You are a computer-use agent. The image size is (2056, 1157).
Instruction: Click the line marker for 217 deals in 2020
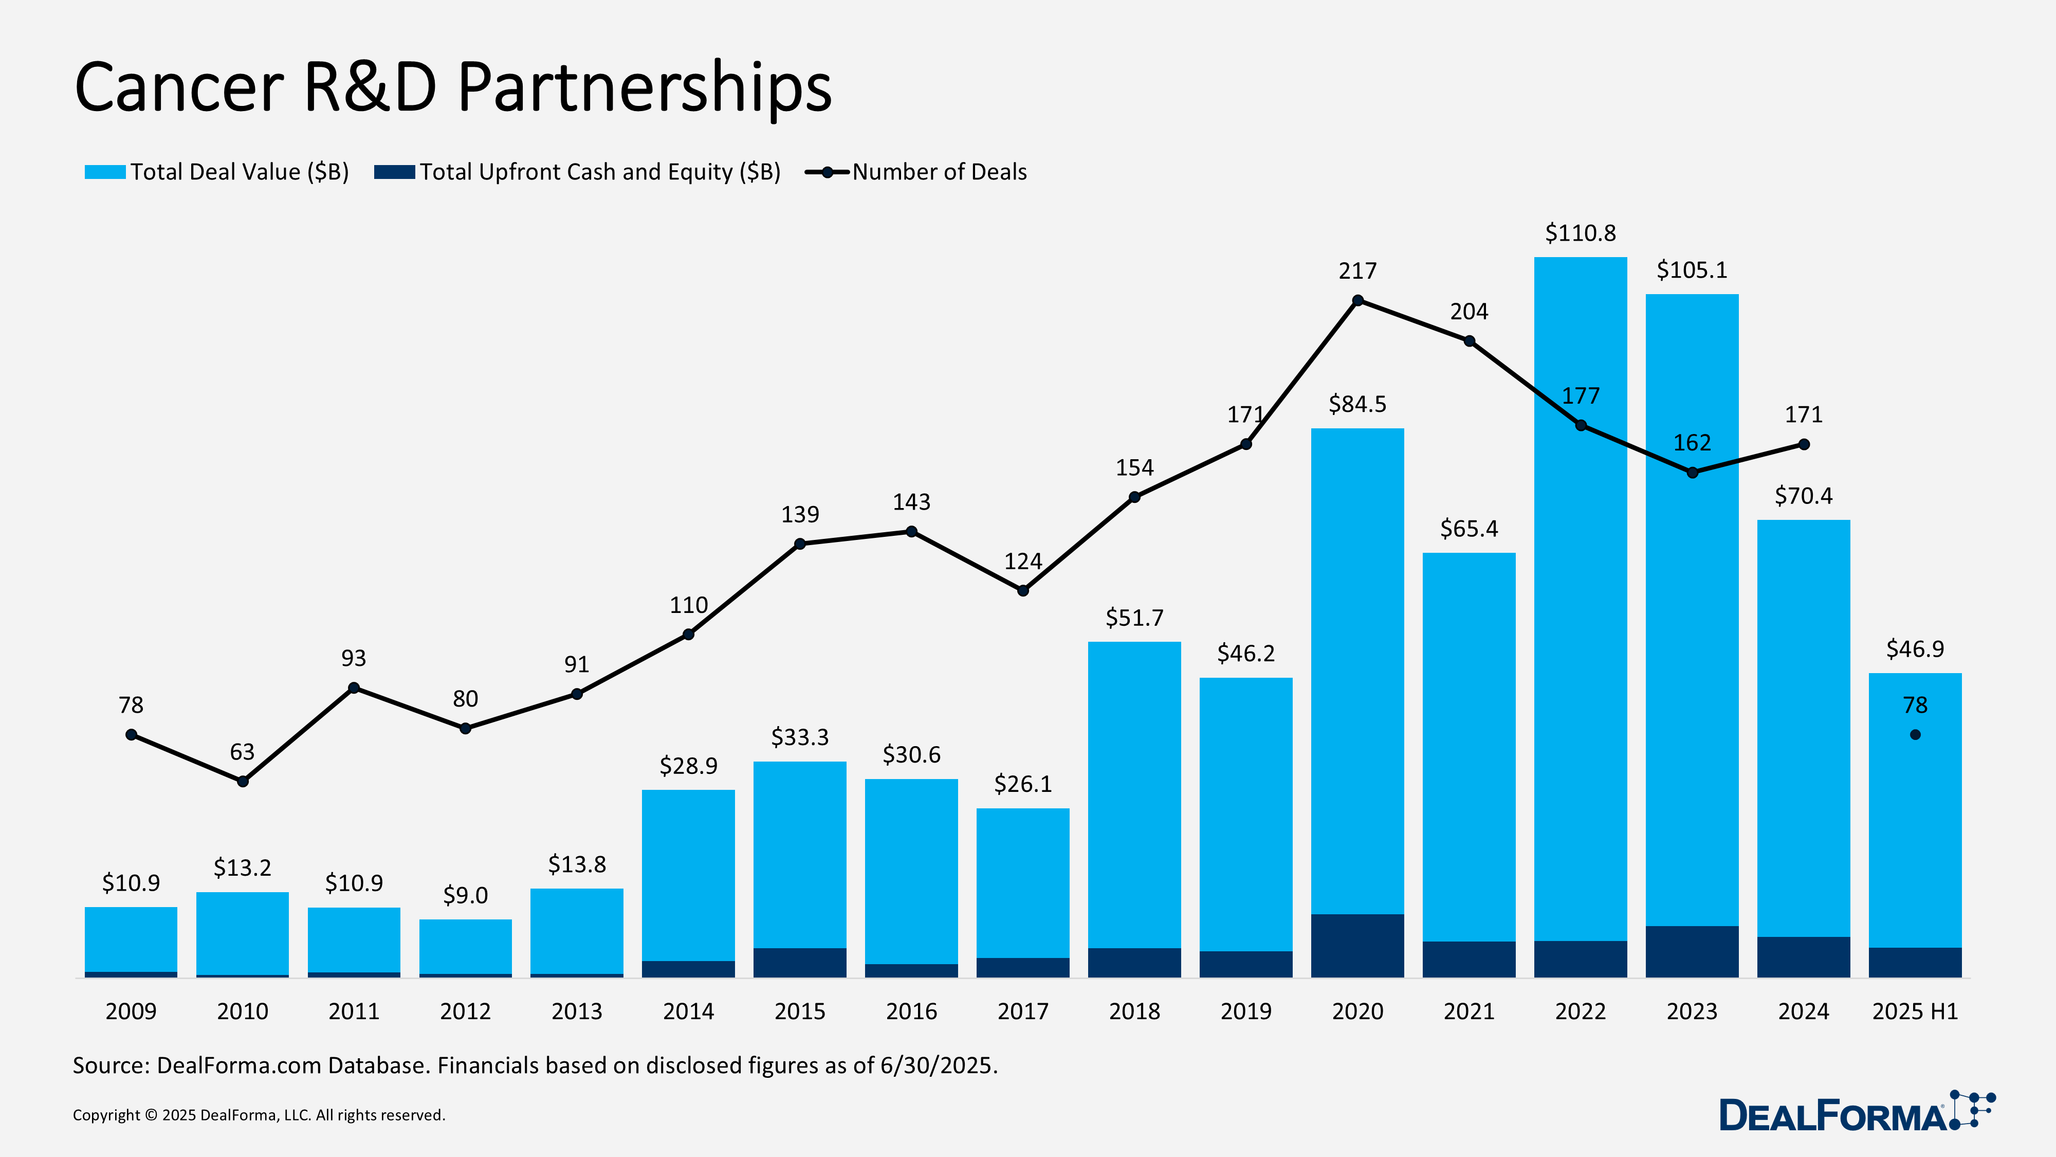pyautogui.click(x=1357, y=301)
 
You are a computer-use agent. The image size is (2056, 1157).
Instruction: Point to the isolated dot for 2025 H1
pyautogui.click(x=1915, y=735)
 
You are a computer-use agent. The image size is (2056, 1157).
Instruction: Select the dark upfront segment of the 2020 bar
pyautogui.click(x=1357, y=946)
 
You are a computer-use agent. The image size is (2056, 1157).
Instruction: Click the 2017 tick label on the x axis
pyautogui.click(x=1022, y=1011)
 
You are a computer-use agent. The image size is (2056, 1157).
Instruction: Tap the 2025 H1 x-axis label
pyautogui.click(x=1914, y=1011)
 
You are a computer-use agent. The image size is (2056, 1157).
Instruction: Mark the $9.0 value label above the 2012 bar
pyautogui.click(x=465, y=895)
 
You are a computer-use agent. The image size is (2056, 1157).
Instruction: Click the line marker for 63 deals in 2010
pyautogui.click(x=243, y=782)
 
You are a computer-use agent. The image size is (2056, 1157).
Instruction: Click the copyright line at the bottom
pyautogui.click(x=259, y=1115)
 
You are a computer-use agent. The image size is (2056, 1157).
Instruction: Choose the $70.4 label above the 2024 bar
pyautogui.click(x=1803, y=496)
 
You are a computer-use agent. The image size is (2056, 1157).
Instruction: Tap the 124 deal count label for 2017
pyautogui.click(x=1022, y=562)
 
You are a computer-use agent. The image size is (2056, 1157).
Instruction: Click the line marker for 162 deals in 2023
pyautogui.click(x=1692, y=473)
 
